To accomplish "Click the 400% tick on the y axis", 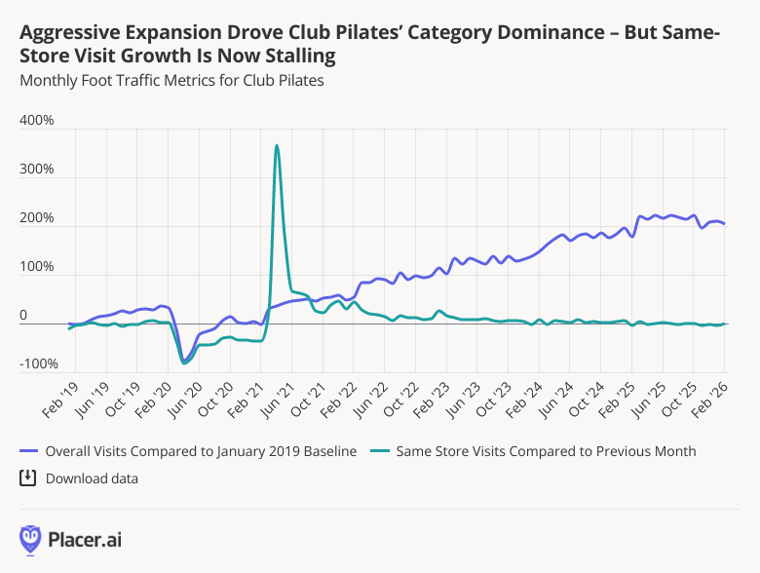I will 36,121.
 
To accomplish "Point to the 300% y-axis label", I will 36,170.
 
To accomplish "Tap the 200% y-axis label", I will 36,218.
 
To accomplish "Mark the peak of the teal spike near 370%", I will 277,146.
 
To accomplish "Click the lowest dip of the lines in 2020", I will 184,363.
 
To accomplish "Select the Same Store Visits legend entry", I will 546,450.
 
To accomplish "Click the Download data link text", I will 92,478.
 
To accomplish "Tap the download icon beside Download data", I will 28,477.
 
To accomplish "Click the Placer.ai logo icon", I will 30,539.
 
